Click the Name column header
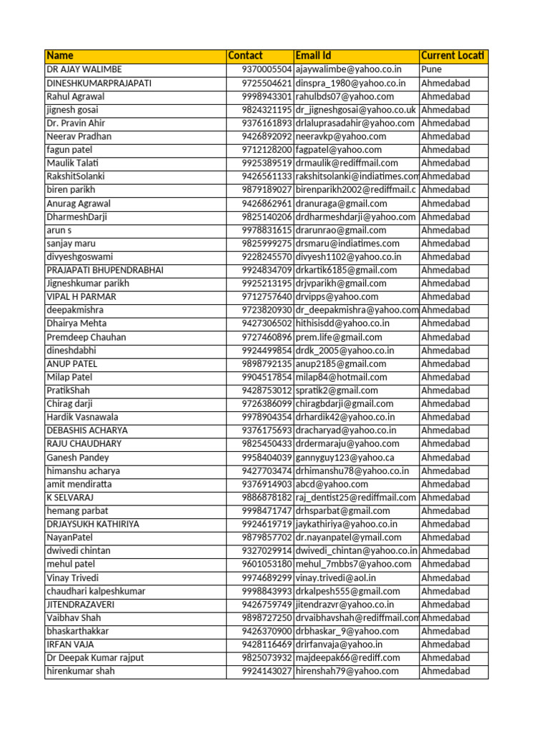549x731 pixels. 60,56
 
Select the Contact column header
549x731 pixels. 245,56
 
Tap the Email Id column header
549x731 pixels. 313,56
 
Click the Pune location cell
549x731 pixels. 432,69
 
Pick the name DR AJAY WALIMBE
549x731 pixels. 84,69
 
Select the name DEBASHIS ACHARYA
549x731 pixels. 87,430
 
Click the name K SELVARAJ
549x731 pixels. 70,498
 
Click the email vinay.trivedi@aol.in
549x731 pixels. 336,578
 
